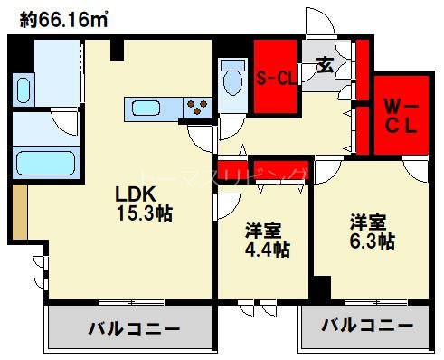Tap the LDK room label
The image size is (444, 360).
(x=135, y=194)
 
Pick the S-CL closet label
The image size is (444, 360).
(x=275, y=78)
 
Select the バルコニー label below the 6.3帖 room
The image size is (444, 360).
(x=368, y=325)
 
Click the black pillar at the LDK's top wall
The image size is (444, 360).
(x=117, y=49)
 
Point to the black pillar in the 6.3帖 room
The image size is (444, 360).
(x=321, y=290)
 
